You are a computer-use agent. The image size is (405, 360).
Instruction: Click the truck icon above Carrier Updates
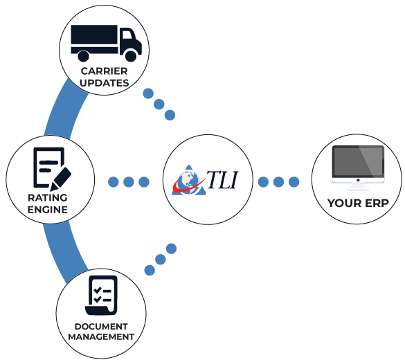click(106, 42)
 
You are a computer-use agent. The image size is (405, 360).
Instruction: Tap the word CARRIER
click(104, 71)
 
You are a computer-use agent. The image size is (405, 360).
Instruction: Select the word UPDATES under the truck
click(104, 82)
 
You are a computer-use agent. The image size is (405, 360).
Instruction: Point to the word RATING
click(47, 197)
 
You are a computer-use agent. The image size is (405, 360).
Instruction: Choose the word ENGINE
click(47, 209)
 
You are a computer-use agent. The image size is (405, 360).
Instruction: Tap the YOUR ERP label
click(357, 204)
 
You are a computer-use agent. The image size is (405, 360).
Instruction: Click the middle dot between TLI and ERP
click(278, 182)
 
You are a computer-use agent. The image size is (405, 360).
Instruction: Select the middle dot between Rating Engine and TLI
click(129, 182)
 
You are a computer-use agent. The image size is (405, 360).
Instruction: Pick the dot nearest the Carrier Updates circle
click(147, 94)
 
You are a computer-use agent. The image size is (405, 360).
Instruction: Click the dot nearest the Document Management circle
click(147, 270)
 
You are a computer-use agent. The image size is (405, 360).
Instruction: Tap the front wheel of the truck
click(129, 55)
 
